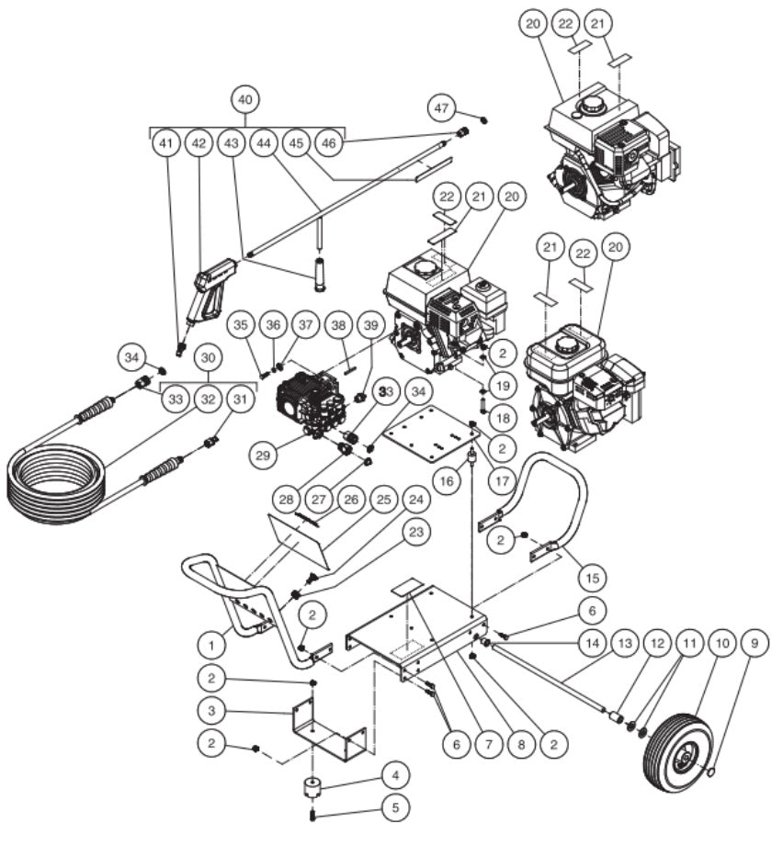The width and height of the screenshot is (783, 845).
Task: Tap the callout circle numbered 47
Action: pos(444,109)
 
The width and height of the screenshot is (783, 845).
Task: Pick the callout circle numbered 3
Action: pos(211,712)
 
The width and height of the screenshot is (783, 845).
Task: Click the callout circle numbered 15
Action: pos(592,579)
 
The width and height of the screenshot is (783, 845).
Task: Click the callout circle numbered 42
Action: pos(199,143)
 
